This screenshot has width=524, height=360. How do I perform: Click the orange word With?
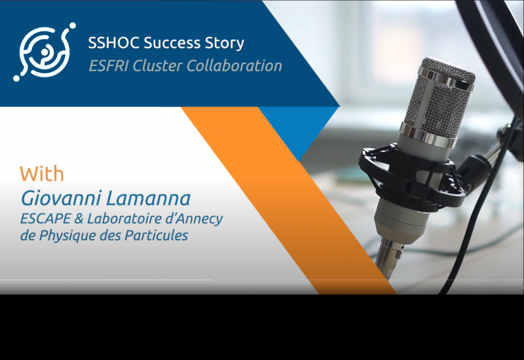tap(42, 175)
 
